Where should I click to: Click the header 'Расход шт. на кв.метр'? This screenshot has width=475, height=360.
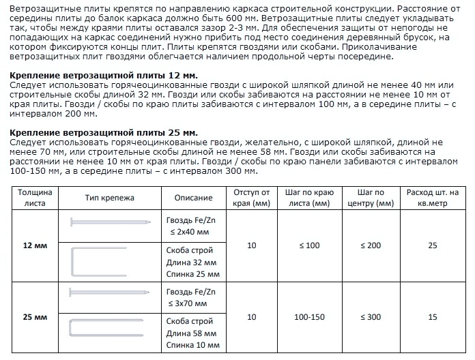pyautogui.click(x=432, y=198)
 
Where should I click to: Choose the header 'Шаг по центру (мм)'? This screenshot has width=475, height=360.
pyautogui.click(x=374, y=198)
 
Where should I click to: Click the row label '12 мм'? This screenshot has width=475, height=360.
pyautogui.click(x=29, y=245)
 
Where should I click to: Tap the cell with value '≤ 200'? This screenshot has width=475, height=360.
pyautogui.click(x=374, y=245)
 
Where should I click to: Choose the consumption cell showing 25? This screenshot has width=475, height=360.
pyautogui.click(x=432, y=245)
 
